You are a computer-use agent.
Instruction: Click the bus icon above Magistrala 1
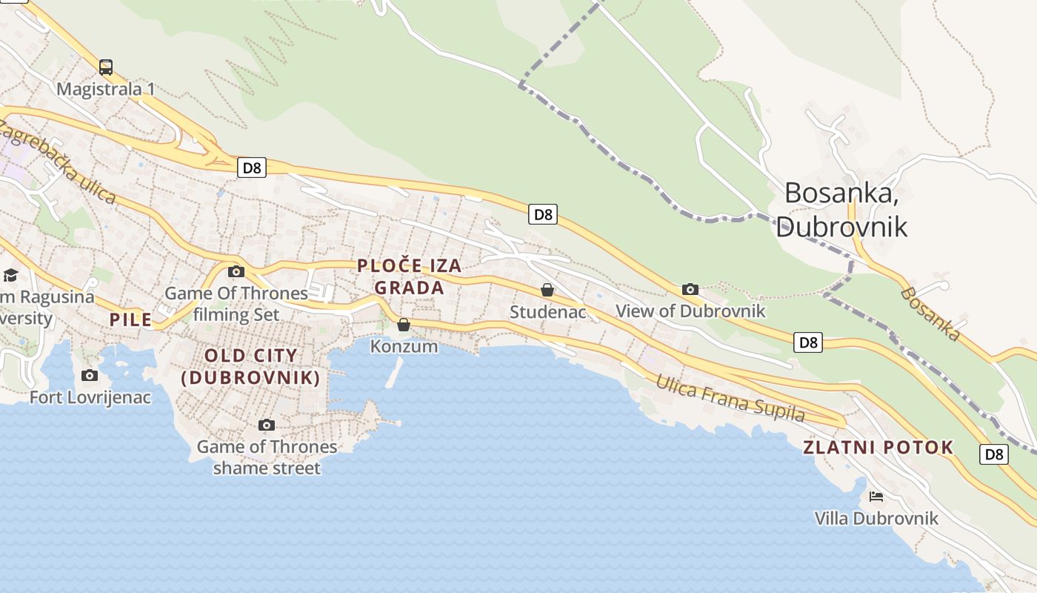pyautogui.click(x=106, y=67)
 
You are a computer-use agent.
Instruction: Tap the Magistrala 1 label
pyautogui.click(x=106, y=89)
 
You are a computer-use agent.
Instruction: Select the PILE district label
pyautogui.click(x=131, y=320)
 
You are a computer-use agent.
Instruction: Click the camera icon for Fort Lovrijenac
pyautogui.click(x=90, y=375)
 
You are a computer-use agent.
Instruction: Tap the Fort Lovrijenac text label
pyautogui.click(x=90, y=397)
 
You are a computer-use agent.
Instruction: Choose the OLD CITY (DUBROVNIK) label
pyautogui.click(x=251, y=366)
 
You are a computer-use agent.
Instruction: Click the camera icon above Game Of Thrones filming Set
pyautogui.click(x=236, y=271)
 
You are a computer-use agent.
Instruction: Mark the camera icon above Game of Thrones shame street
pyautogui.click(x=267, y=425)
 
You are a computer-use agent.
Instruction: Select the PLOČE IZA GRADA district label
pyautogui.click(x=410, y=276)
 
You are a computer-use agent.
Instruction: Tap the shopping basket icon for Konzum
pyautogui.click(x=404, y=325)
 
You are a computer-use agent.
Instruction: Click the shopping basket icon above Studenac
pyautogui.click(x=547, y=290)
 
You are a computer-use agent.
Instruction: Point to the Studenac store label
pyautogui.click(x=547, y=312)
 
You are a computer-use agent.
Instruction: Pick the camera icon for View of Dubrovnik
pyautogui.click(x=690, y=289)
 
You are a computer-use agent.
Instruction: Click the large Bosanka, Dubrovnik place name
pyautogui.click(x=841, y=209)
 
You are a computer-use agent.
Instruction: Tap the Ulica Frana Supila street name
pyautogui.click(x=730, y=399)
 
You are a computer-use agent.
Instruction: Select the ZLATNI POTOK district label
pyautogui.click(x=878, y=447)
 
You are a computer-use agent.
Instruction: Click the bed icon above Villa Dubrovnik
pyautogui.click(x=876, y=496)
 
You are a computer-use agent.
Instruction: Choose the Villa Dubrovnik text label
pyautogui.click(x=876, y=518)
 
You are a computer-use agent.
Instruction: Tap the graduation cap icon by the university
pyautogui.click(x=10, y=276)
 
